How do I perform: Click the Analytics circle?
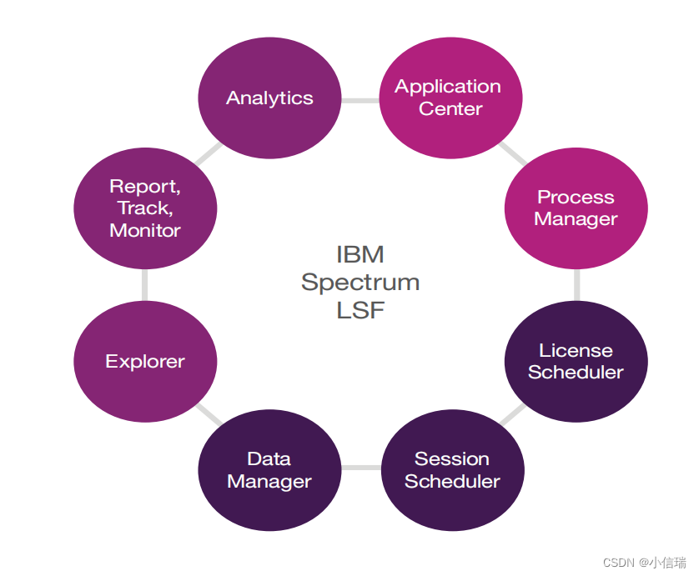coord(269,98)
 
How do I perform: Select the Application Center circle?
coord(450,98)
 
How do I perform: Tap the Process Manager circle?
coord(576,208)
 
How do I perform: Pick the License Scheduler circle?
coord(576,361)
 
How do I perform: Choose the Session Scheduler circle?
coord(452,470)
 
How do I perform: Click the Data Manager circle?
coord(269,470)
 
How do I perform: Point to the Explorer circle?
coord(145,361)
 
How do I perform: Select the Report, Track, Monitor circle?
coord(145,208)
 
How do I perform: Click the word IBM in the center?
coord(360,254)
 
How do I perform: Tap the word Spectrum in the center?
coord(360,283)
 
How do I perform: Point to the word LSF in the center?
coord(360,310)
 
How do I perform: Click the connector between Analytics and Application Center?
coord(360,101)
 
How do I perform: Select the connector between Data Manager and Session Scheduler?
coord(361,468)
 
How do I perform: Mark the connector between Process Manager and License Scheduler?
coord(577,285)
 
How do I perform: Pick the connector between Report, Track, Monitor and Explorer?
coord(144,285)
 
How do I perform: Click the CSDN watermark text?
coord(645,563)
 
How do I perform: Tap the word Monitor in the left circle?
coord(145,230)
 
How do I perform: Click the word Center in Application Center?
coord(450,108)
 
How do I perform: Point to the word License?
coord(576,351)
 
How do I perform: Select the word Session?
coord(452,458)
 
